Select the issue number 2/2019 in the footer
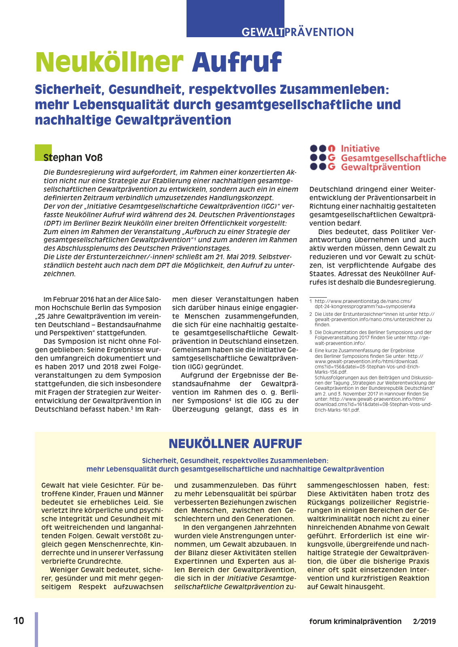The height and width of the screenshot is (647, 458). point(424,622)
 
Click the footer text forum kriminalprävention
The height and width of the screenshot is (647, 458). point(355,622)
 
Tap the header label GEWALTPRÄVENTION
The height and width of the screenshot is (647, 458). point(297,32)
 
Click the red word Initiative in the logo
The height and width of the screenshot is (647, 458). point(360,148)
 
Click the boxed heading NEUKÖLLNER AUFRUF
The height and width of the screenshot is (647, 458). point(235,444)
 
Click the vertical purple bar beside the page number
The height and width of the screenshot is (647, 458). point(36,629)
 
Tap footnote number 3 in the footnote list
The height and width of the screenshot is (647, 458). point(311,333)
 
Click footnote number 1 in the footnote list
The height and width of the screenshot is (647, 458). point(311,301)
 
